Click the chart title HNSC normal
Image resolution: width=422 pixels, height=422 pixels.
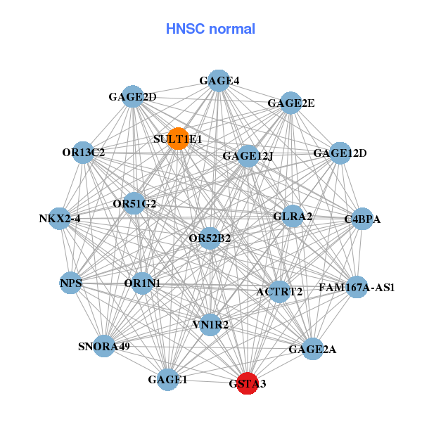210,29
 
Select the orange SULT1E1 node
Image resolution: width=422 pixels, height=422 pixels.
178,139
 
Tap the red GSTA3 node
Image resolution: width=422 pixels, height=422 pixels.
247,383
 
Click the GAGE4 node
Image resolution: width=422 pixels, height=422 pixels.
219,80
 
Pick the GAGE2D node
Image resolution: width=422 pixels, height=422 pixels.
132,96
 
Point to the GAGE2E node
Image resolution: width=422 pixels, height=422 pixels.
290,103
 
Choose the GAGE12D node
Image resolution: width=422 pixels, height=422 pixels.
340,153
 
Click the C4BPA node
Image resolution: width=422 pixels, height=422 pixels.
362,219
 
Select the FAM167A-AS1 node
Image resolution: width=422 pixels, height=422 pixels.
356,287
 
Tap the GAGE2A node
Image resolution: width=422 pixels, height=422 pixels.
312,348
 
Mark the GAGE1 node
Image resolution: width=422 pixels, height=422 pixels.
167,380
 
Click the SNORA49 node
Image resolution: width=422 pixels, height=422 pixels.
104,346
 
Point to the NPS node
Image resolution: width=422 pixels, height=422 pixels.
71,283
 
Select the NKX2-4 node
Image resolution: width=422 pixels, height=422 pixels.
60,219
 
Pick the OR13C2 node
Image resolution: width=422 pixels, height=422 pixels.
83,152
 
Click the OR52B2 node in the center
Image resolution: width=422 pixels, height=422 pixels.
210,238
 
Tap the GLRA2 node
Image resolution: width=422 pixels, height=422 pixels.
293,216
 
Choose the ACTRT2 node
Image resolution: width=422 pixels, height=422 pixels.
279,291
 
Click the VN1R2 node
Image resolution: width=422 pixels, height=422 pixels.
210,324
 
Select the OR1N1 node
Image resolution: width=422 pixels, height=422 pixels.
143,283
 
